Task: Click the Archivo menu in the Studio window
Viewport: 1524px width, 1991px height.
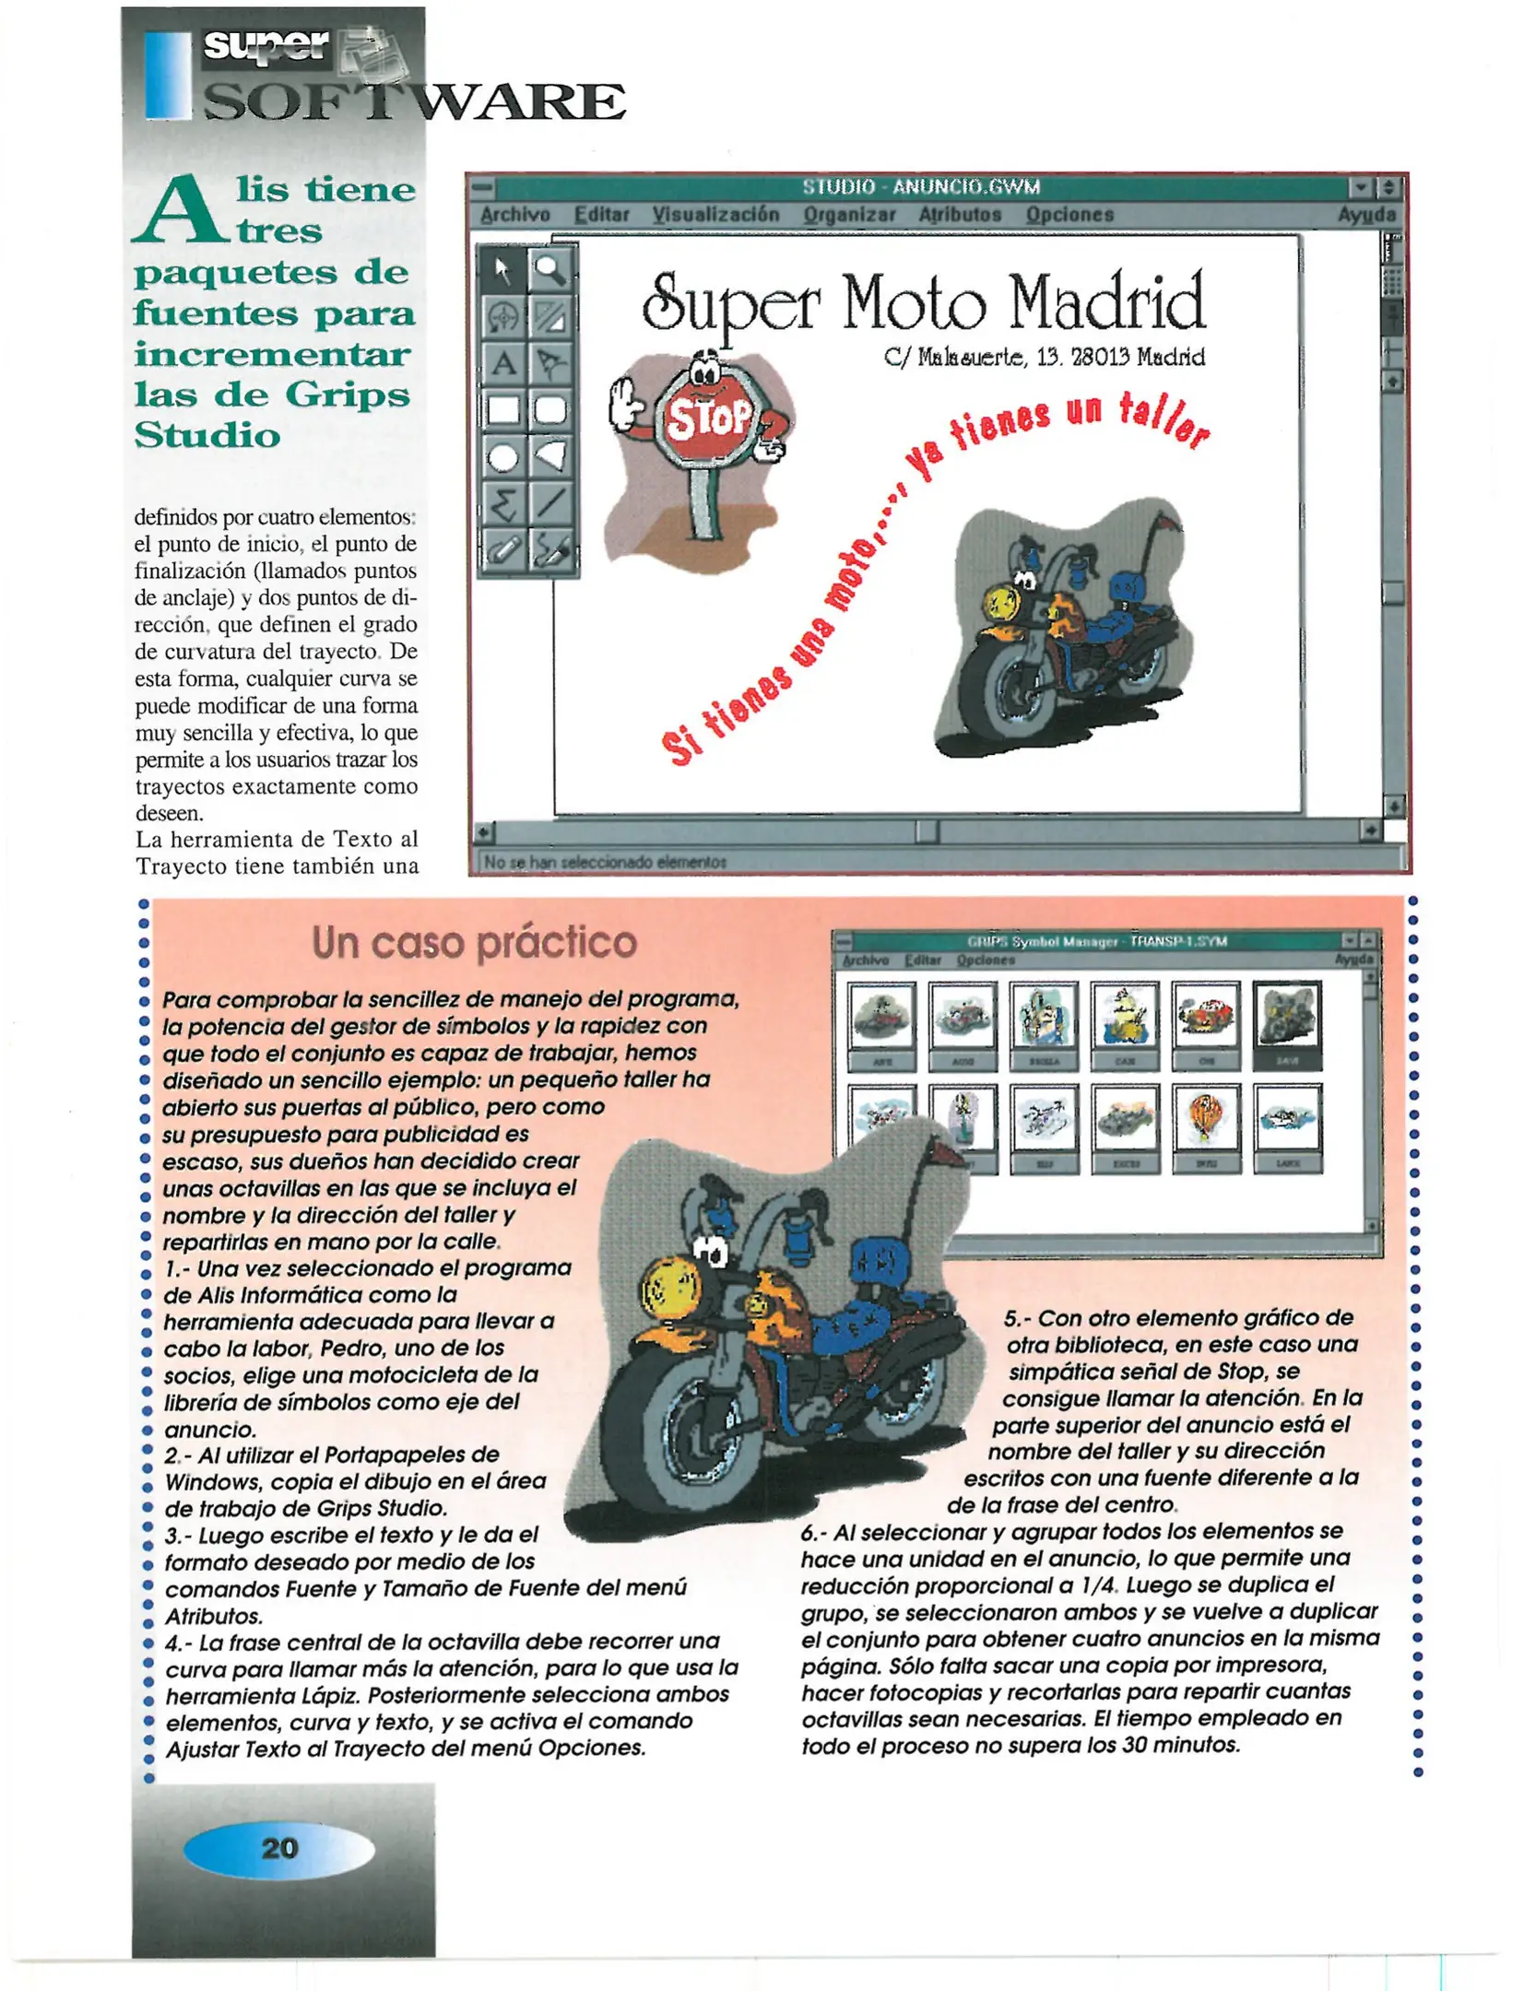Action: pos(514,215)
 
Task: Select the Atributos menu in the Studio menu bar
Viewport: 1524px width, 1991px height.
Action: pos(959,215)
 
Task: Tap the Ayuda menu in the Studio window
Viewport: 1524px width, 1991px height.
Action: pos(1366,215)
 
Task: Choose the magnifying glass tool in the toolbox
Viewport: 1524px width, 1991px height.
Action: pos(550,269)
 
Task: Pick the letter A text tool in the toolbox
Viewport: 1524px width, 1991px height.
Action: pos(503,363)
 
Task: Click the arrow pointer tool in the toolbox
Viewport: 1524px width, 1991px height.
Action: pos(503,269)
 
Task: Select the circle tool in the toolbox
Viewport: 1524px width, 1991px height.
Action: pos(503,457)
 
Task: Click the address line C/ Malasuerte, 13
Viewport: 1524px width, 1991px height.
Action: pos(1044,358)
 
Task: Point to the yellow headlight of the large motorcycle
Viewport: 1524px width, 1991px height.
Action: pos(670,1288)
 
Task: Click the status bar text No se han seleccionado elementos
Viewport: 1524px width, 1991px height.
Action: pos(605,862)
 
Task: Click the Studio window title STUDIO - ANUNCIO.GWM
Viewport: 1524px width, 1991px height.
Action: pos(920,187)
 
